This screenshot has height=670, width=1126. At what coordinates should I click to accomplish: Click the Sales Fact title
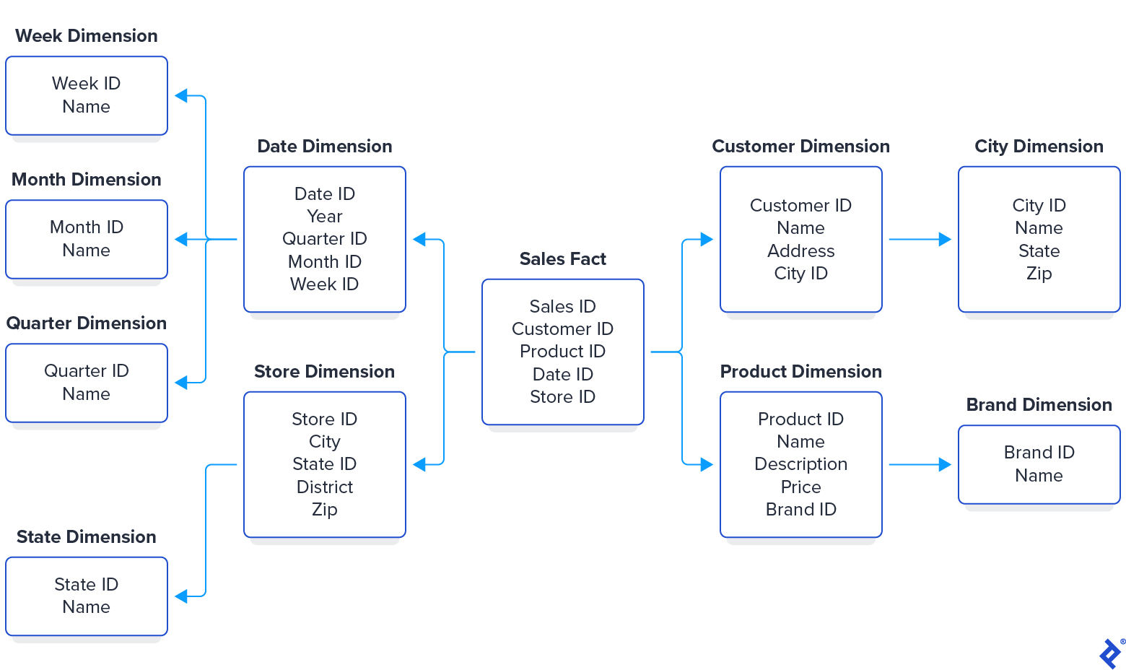pyautogui.click(x=562, y=259)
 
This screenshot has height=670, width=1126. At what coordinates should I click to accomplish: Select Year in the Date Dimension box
pyautogui.click(x=324, y=217)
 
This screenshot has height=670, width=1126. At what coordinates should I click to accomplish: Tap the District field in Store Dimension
pyautogui.click(x=324, y=487)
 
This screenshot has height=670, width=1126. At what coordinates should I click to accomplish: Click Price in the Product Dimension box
pyautogui.click(x=800, y=487)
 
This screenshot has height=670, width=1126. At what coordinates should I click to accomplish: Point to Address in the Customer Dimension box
pyautogui.click(x=800, y=251)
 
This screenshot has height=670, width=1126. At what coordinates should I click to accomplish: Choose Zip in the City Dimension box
pyautogui.click(x=1039, y=274)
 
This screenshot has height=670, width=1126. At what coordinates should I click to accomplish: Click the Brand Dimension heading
pyautogui.click(x=1039, y=405)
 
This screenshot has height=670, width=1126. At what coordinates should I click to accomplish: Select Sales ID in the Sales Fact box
pyautogui.click(x=562, y=307)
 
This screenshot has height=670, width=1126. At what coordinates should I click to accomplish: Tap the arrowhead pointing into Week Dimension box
pyautogui.click(x=181, y=95)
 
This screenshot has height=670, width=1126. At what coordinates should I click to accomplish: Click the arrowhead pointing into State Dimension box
pyautogui.click(x=181, y=596)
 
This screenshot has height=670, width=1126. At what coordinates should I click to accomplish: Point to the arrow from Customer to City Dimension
pyautogui.click(x=920, y=240)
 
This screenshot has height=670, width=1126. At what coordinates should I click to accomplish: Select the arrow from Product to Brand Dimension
pyautogui.click(x=920, y=465)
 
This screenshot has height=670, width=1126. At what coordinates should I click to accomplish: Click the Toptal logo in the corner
pyautogui.click(x=1110, y=653)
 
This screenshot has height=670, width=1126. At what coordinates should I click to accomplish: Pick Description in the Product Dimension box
pyautogui.click(x=800, y=464)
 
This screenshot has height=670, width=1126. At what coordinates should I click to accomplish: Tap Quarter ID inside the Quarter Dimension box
pyautogui.click(x=86, y=371)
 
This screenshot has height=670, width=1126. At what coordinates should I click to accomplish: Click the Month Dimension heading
pyautogui.click(x=86, y=180)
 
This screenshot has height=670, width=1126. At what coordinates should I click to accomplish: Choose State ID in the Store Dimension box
pyautogui.click(x=324, y=464)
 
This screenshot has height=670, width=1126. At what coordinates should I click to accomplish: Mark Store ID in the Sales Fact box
pyautogui.click(x=562, y=397)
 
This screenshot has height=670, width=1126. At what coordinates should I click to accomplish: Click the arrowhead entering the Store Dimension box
pyautogui.click(x=419, y=464)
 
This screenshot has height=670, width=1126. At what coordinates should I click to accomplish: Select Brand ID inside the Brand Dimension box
pyautogui.click(x=1039, y=453)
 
